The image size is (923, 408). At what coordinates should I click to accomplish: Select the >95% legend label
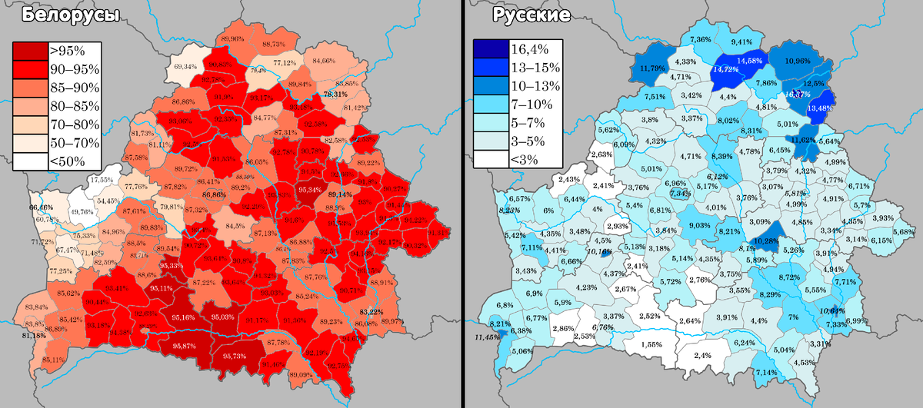coord(67,51)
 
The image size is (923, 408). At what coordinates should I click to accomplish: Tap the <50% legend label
coord(67,161)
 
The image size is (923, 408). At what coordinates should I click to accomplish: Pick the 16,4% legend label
coord(531,51)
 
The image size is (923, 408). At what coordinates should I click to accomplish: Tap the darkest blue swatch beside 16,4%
coord(489,51)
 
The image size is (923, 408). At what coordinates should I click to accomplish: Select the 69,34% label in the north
coord(185,68)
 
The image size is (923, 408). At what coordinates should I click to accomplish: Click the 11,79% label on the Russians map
coord(652,68)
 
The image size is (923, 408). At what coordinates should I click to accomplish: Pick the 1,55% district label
coord(650,345)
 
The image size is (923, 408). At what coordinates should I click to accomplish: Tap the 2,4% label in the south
coord(701,356)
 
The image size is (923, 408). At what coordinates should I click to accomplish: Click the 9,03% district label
coord(699,225)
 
